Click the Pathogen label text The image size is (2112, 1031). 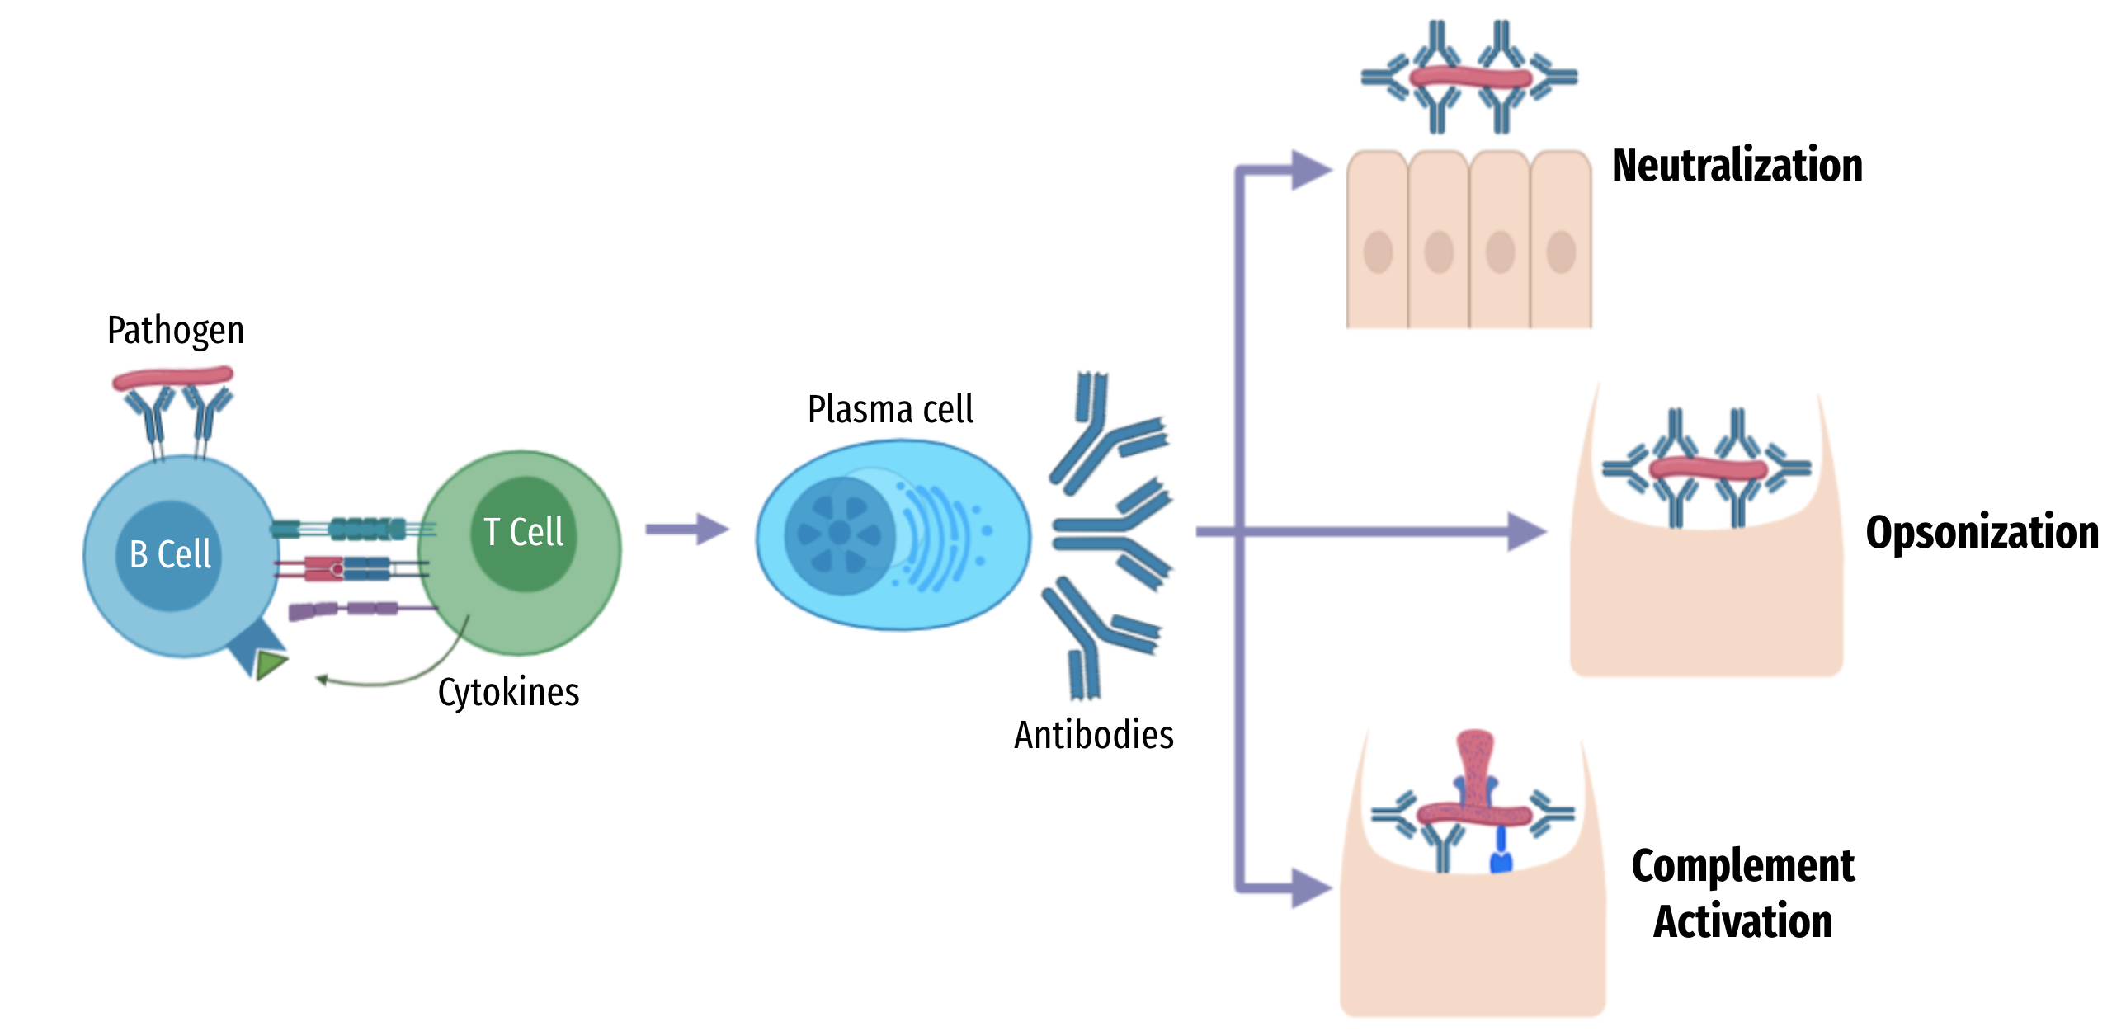pos(176,331)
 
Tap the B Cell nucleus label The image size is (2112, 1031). pos(170,554)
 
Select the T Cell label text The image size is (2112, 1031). pos(523,532)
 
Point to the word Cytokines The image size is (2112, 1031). pos(508,692)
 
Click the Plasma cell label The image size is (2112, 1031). pos(890,409)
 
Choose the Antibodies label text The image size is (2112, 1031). pos(1093,735)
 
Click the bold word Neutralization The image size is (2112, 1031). pos(1737,165)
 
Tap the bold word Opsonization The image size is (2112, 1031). pos(1982,532)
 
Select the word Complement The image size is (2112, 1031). pos(1742,866)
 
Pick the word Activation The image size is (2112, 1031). pos(1742,921)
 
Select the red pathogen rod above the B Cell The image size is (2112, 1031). pos(172,379)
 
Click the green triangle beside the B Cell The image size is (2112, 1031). pos(270,664)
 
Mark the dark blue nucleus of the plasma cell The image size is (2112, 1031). pos(840,534)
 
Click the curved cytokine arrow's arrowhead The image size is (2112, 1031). pos(323,680)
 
